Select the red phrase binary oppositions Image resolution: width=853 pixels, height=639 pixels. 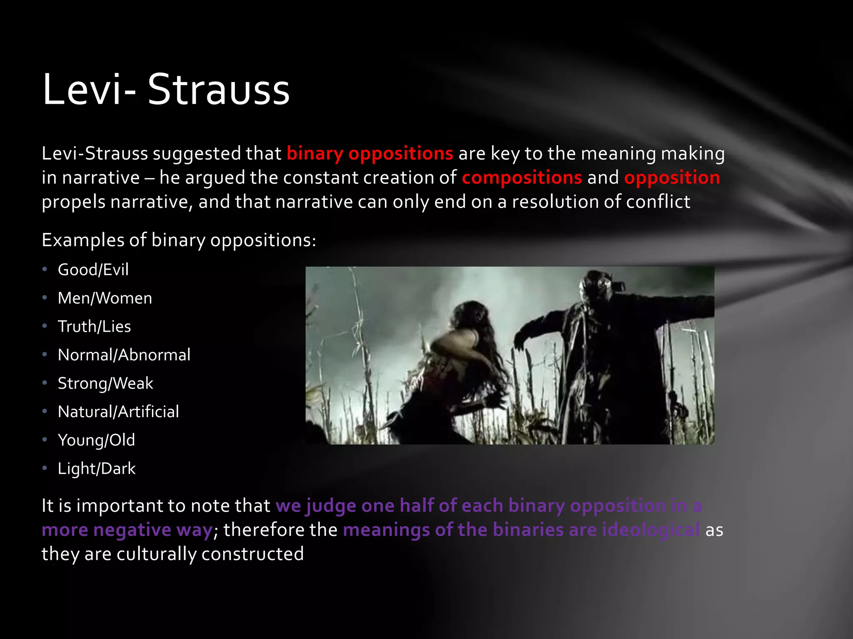[369, 154]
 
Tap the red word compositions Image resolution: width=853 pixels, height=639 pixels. [521, 178]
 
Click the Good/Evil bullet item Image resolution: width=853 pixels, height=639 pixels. [93, 270]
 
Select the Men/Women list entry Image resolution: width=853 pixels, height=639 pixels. [105, 298]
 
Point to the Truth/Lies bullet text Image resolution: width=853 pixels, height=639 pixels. [94, 327]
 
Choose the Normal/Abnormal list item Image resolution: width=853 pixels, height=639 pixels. [124, 355]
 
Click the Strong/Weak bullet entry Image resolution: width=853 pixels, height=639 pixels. [105, 383]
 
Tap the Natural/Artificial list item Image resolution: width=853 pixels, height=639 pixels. [118, 412]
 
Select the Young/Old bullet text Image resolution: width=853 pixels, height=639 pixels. [96, 440]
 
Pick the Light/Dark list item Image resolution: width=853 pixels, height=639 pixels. [97, 469]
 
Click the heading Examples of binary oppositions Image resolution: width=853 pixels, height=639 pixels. [179, 240]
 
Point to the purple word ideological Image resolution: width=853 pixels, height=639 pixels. [651, 530]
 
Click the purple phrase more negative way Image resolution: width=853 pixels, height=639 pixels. [127, 530]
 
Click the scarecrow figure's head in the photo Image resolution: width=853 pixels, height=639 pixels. [596, 287]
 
